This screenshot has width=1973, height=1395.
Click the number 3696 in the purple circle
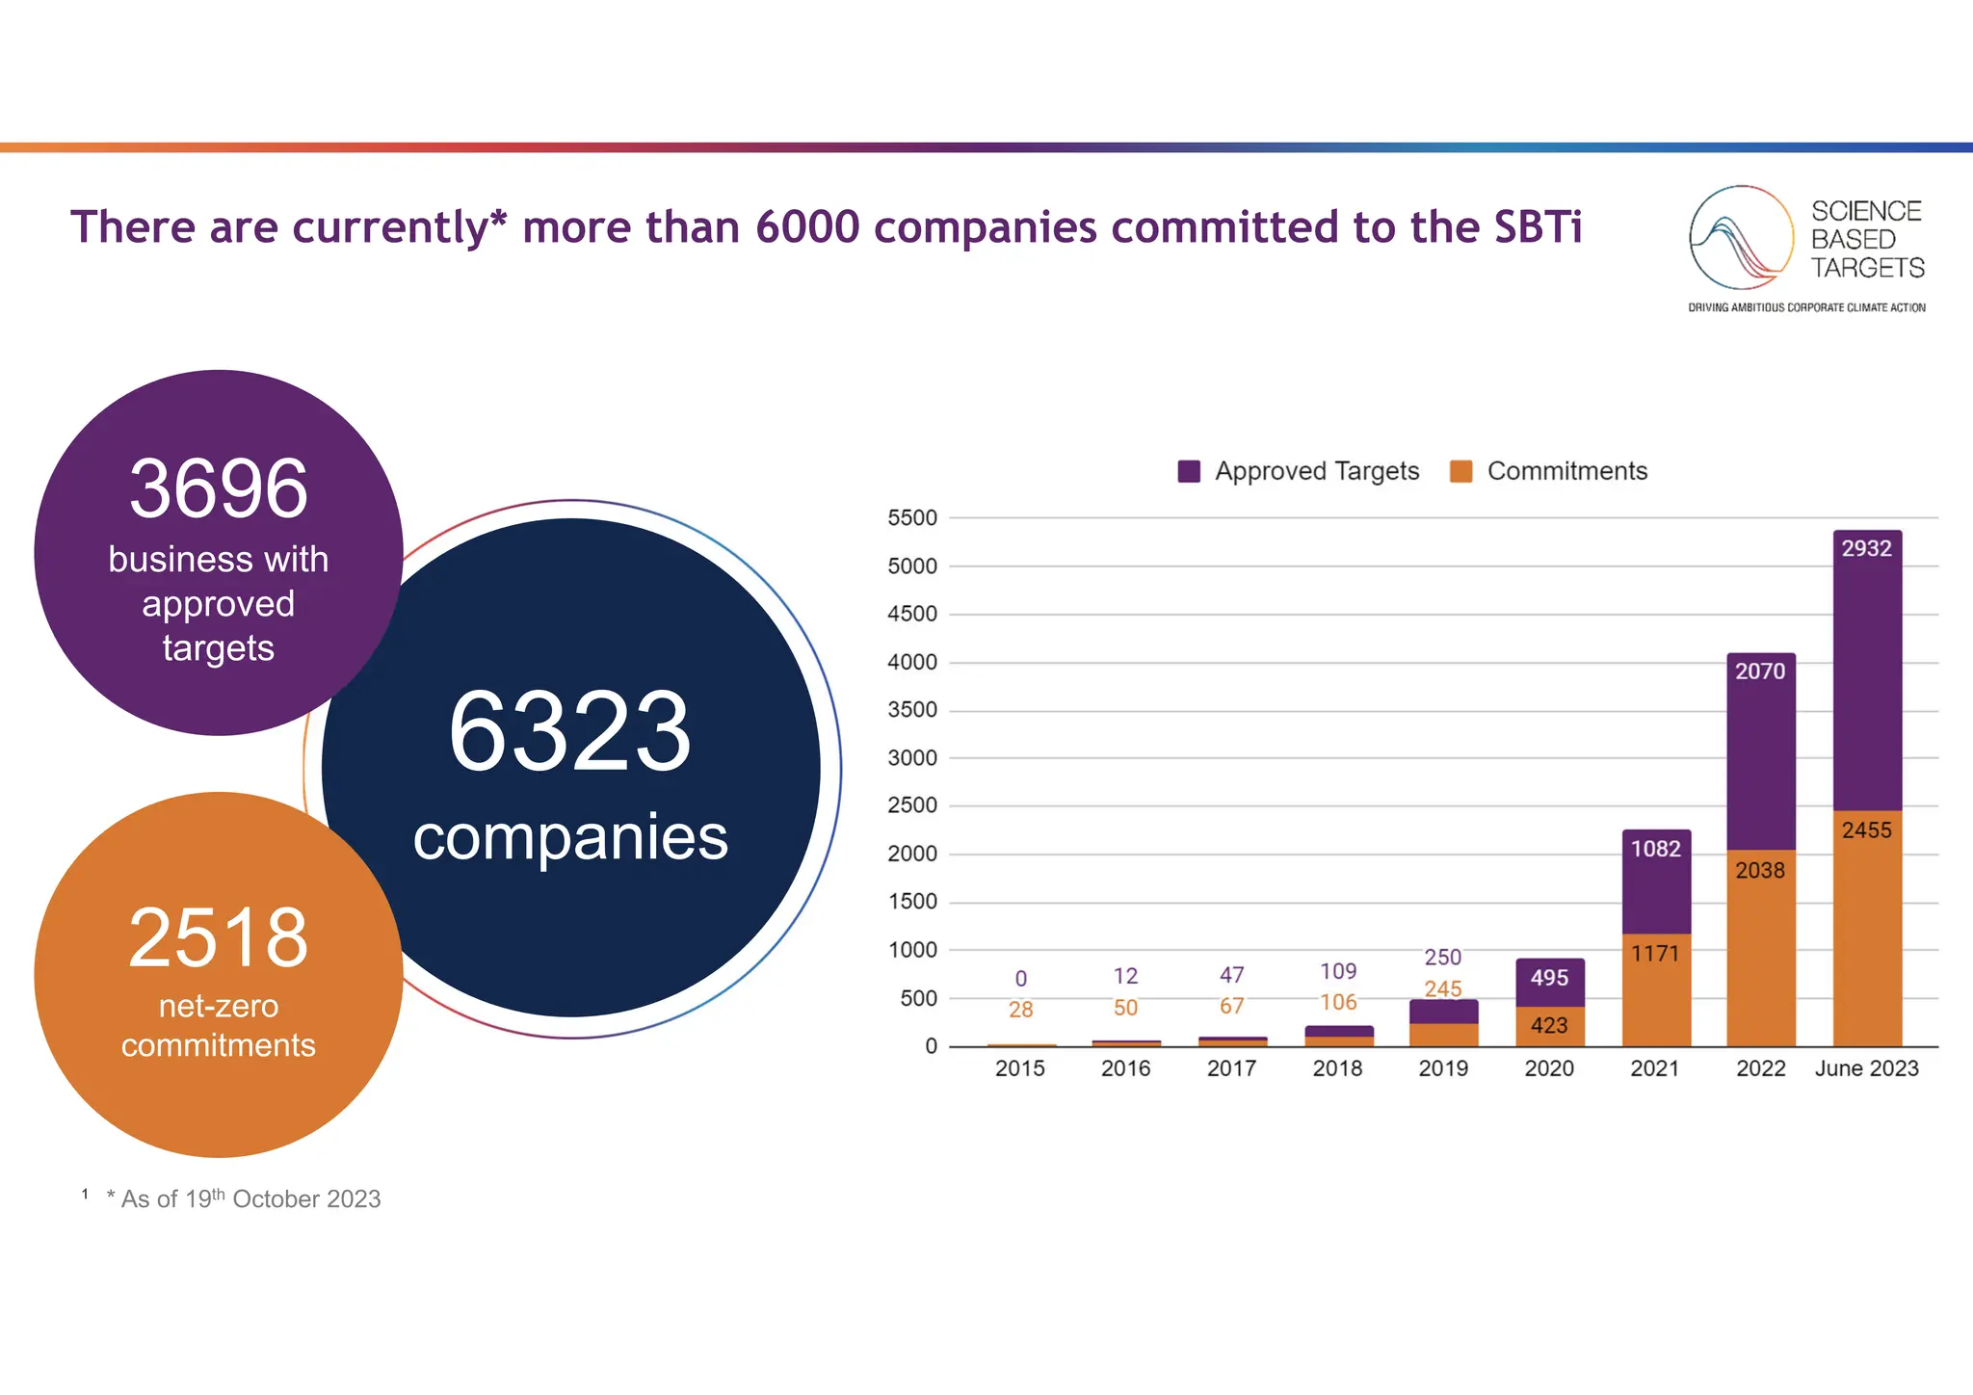click(219, 488)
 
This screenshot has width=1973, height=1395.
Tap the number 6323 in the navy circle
click(570, 732)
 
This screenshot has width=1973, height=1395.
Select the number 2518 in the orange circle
click(219, 937)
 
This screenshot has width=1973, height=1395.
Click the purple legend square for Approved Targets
click(1189, 471)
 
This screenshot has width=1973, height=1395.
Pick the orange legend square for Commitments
click(1460, 471)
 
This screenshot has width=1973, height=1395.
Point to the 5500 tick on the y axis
click(911, 518)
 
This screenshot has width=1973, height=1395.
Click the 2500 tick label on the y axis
click(911, 805)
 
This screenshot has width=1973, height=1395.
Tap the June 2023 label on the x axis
click(1866, 1068)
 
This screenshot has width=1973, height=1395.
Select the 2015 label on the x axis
click(1019, 1068)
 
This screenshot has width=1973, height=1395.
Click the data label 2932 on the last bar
click(1866, 548)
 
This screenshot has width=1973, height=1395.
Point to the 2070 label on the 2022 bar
click(1760, 671)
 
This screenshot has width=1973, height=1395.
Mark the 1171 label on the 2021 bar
click(1655, 954)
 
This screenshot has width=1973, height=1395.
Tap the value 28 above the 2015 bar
click(1020, 1010)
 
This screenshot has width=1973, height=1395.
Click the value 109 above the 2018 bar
click(1338, 971)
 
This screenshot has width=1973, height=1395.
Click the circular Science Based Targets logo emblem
click(1741, 238)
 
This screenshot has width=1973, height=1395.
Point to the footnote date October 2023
click(306, 1199)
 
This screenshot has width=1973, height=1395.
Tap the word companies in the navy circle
click(570, 837)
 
